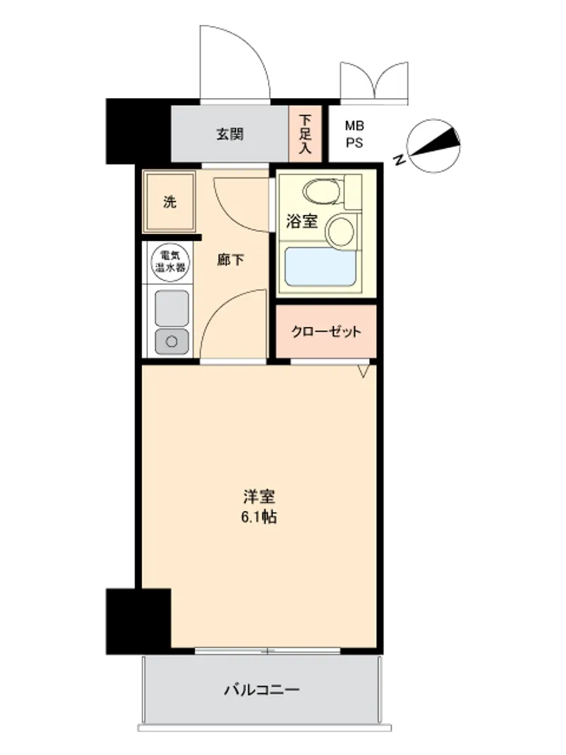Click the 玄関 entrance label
coord(229,134)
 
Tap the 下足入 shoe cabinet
coord(305,134)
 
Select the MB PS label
coord(354,134)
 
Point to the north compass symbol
coord(433,146)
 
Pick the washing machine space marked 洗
coord(169,202)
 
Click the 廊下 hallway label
coord(230,260)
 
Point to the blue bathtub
coord(320,267)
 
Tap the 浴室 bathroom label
coord(302,221)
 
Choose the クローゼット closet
coord(326,331)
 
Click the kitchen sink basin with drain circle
coord(171,341)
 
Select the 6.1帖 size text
coord(258,518)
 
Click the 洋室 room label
coord(259,497)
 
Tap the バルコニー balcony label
coord(261,690)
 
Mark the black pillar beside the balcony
coord(139,621)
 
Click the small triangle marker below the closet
coord(365,370)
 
